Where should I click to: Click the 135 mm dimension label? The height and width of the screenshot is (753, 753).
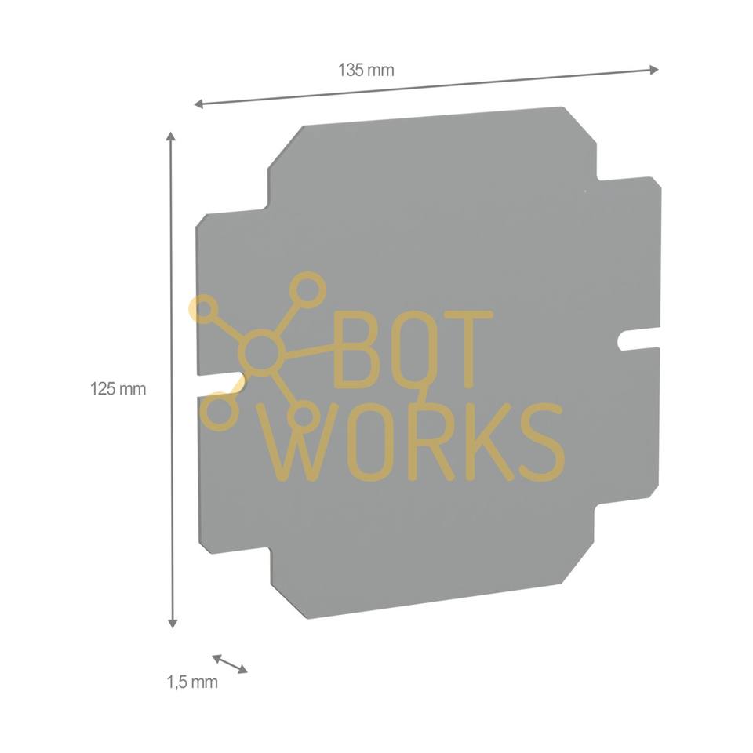(366, 70)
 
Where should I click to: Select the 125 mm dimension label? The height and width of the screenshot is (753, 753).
(118, 388)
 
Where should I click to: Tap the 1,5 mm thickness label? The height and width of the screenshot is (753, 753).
(192, 682)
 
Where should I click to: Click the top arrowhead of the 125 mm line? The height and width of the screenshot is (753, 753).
(172, 137)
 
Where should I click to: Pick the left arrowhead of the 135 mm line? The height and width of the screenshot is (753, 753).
(199, 104)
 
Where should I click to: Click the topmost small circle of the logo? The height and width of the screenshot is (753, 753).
(308, 289)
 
